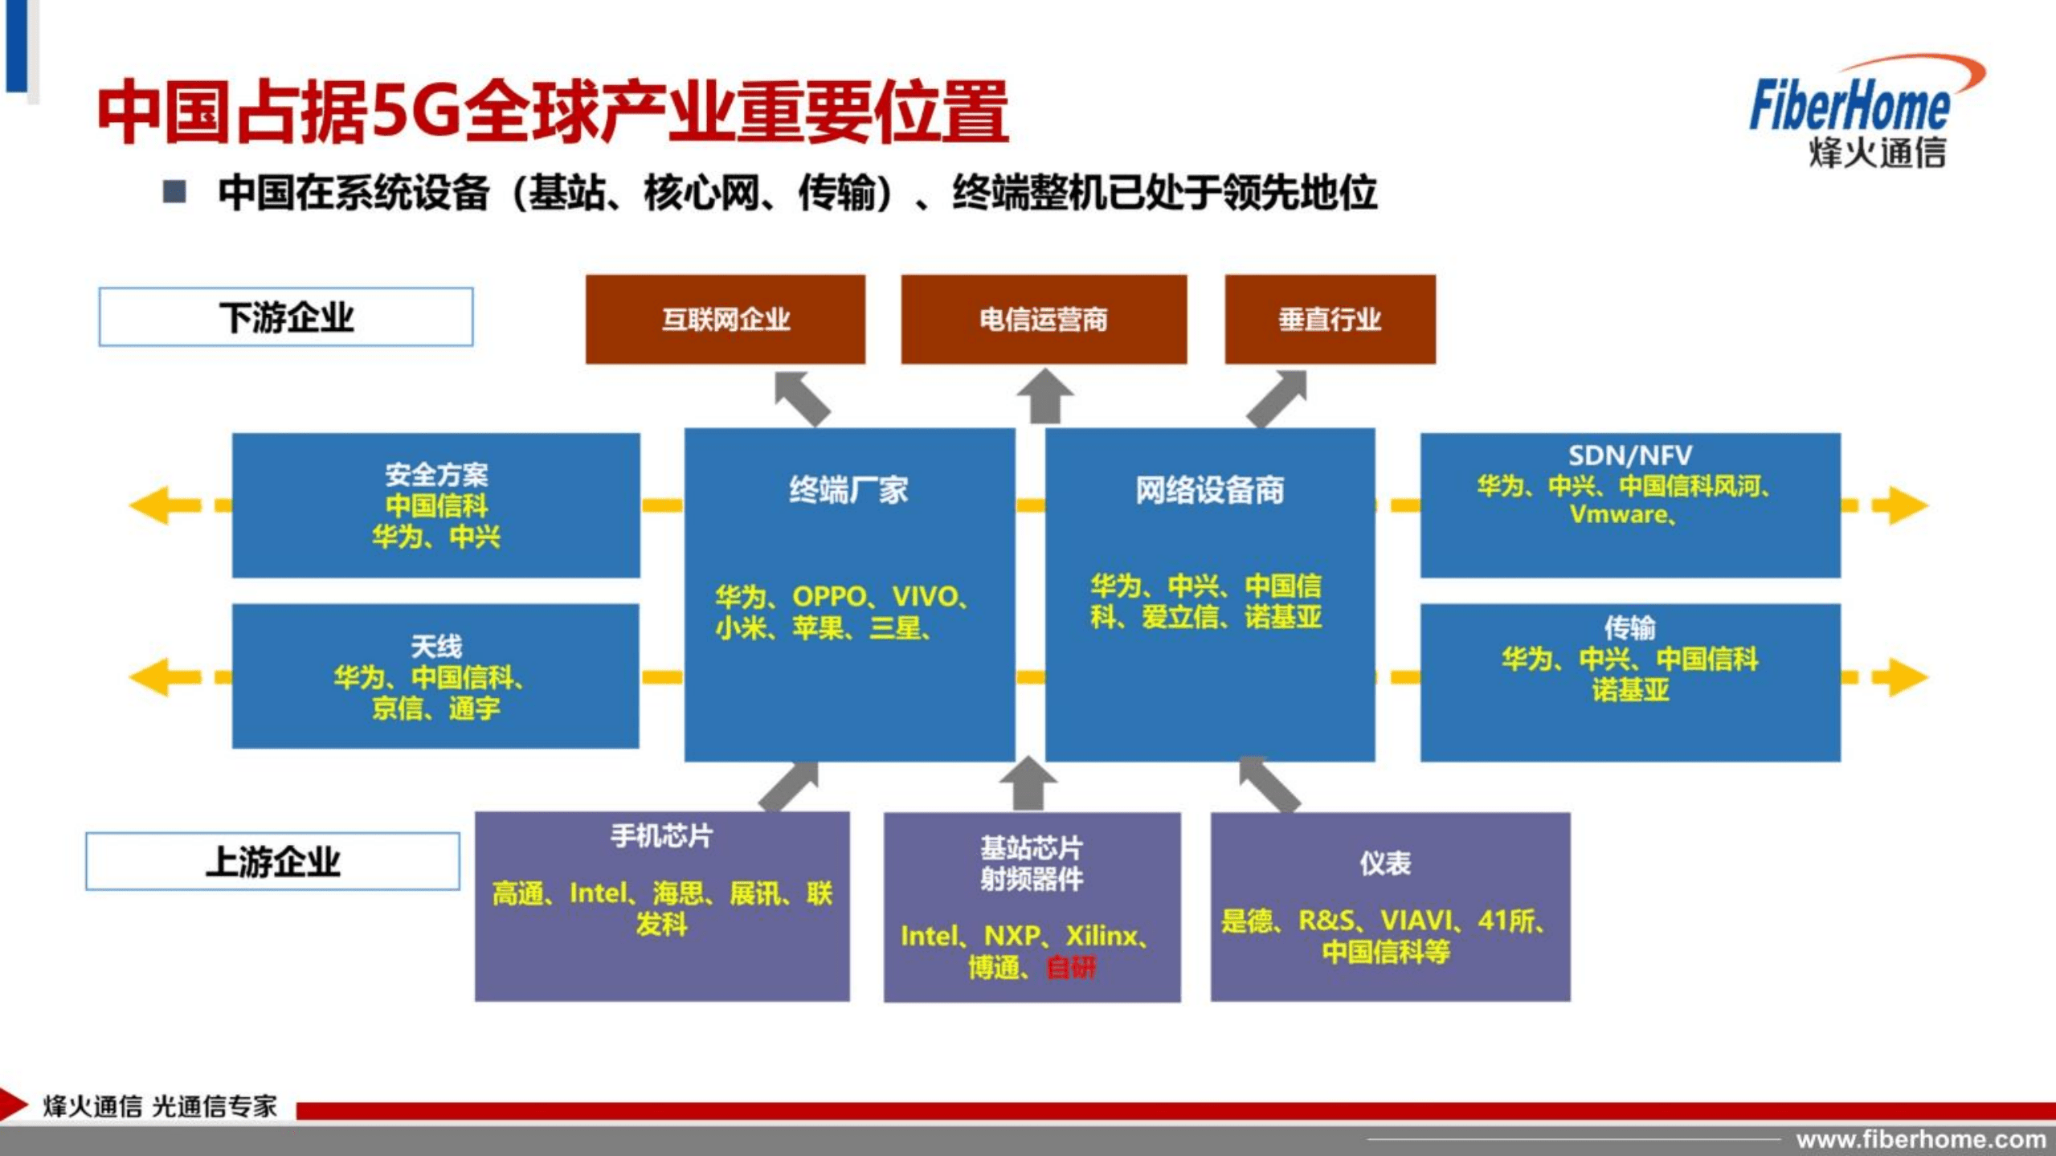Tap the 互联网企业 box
tap(725, 319)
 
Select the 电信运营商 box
tap(1043, 319)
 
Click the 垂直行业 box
tap(1330, 319)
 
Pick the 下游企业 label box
tap(286, 317)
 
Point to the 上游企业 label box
tap(272, 861)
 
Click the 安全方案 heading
tap(436, 474)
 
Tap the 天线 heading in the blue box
tap(436, 646)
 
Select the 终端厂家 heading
tap(848, 489)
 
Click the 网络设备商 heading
tap(1209, 489)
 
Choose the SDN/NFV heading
tap(1629, 455)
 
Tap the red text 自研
tap(1071, 967)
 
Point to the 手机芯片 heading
tap(661, 836)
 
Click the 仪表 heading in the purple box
tap(1384, 863)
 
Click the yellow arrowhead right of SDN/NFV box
tap(1904, 505)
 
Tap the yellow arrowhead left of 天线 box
tap(153, 677)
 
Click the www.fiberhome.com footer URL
tap(1920, 1139)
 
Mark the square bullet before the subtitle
tap(174, 192)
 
